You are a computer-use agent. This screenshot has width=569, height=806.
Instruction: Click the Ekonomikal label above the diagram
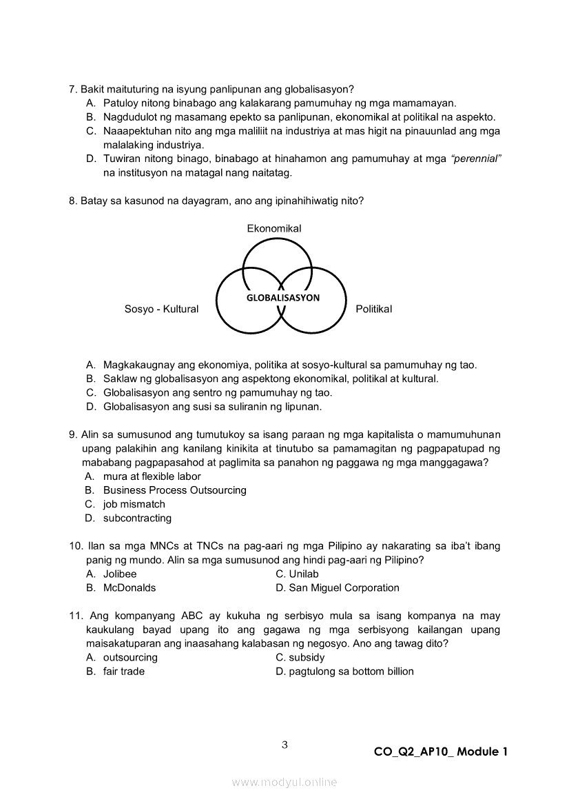[274, 228]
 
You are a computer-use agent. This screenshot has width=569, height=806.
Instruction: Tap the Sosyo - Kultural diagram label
[161, 309]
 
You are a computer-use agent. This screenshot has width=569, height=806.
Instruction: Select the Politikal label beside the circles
[373, 309]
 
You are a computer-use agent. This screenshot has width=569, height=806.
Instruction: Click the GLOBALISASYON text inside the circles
[283, 298]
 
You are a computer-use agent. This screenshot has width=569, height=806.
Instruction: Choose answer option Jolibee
[120, 574]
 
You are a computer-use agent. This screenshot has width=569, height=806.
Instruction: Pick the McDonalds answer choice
[130, 587]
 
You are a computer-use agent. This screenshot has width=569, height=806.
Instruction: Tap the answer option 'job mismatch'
[134, 504]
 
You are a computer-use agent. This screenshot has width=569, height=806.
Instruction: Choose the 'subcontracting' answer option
[137, 518]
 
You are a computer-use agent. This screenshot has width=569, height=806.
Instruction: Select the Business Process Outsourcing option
[174, 490]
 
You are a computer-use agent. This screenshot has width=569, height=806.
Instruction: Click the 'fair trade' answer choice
[124, 671]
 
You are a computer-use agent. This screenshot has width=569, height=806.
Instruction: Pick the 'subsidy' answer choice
[307, 657]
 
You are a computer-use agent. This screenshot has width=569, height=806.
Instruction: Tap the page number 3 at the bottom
[284, 744]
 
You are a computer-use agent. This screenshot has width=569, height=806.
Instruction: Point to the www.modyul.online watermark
[284, 782]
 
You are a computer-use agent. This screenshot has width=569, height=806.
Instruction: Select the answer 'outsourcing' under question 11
[130, 657]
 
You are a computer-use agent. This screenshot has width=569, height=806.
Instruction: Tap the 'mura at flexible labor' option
[152, 476]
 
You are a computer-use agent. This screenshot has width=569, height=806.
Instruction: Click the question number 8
[72, 201]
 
